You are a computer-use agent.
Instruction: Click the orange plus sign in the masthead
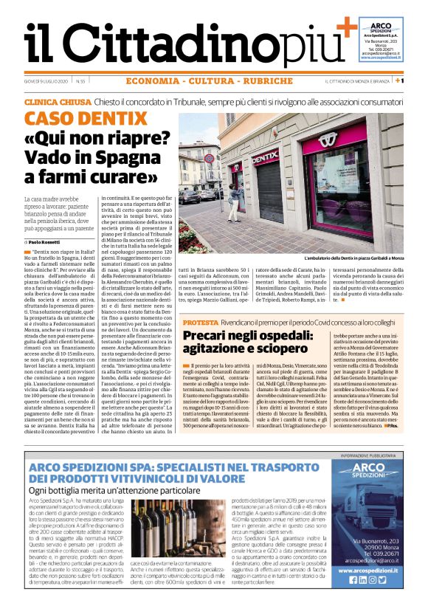tap(345, 29)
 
